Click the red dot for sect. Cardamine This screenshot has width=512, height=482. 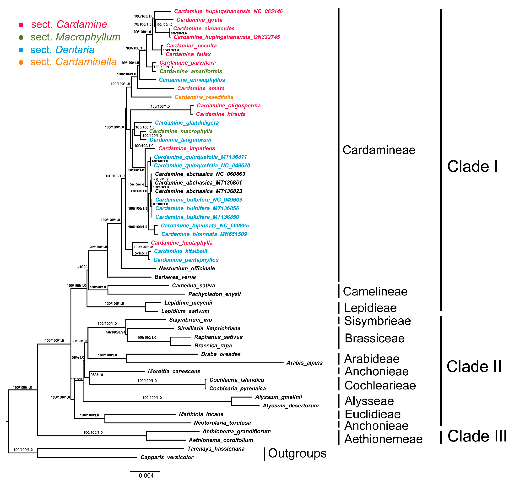point(21,25)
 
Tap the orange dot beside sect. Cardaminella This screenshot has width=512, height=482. point(21,62)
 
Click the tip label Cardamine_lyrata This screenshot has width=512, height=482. point(199,20)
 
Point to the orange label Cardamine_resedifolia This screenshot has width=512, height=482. point(204,97)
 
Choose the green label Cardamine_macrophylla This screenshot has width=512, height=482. point(181,131)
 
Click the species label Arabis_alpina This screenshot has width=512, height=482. point(304,363)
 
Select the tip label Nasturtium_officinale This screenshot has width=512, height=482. point(187,268)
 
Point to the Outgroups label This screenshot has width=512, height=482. point(297,453)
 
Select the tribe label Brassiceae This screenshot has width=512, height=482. point(375,338)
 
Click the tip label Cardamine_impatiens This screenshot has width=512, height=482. point(187,148)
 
